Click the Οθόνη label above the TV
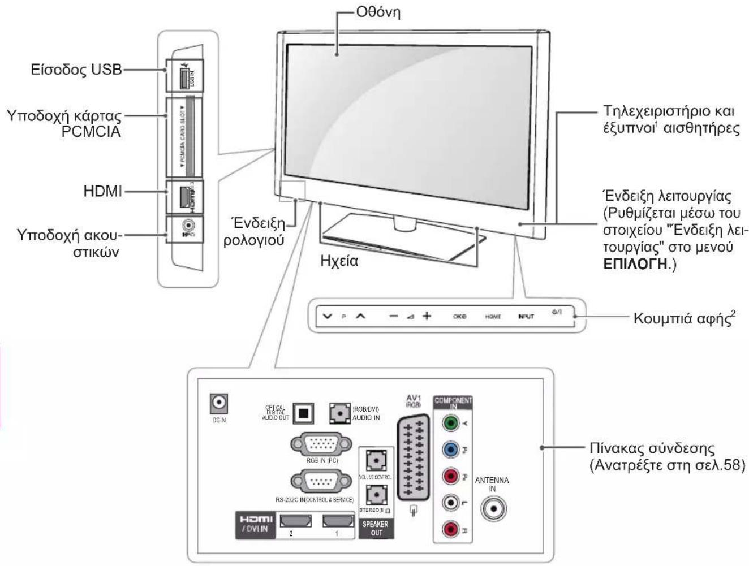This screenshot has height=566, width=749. (378, 12)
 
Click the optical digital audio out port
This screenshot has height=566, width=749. (304, 413)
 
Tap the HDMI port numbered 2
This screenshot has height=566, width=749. (295, 521)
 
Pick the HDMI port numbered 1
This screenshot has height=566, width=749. (338, 521)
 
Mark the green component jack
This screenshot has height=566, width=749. (450, 423)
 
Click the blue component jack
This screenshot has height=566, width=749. (450, 450)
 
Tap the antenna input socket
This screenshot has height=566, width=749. (494, 508)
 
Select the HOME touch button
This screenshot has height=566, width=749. (493, 317)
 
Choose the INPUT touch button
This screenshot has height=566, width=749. (526, 317)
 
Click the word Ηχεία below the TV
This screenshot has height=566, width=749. (339, 261)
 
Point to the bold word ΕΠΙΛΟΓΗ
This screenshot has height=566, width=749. (635, 264)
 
